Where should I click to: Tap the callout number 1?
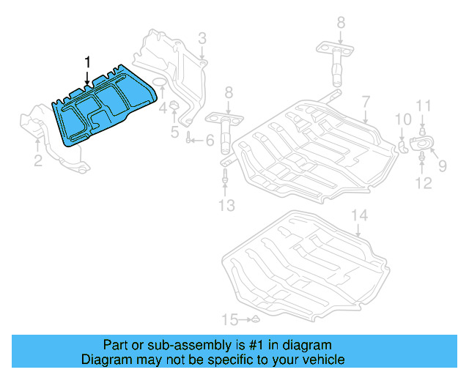(89, 62)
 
